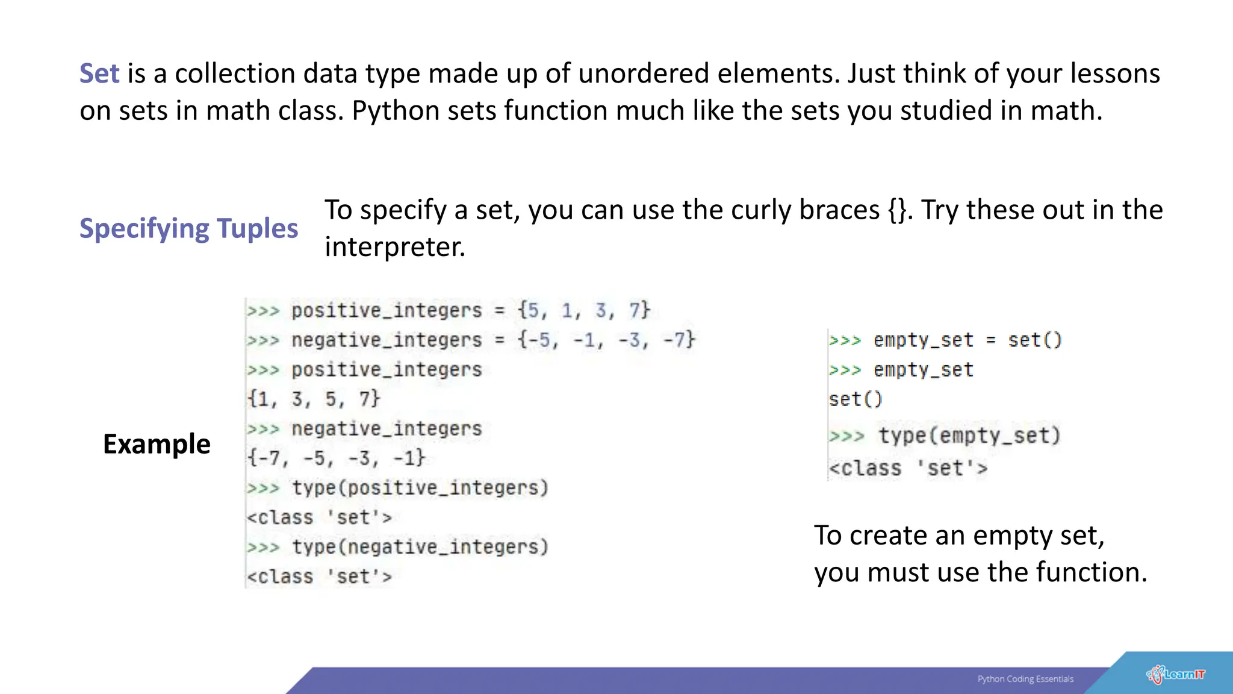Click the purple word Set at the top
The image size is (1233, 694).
click(x=99, y=73)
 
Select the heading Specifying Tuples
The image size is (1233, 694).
click(x=188, y=229)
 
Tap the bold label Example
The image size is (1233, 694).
click(x=157, y=445)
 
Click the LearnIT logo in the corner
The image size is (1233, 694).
click(x=1176, y=675)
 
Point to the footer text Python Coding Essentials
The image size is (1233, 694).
click(x=1025, y=679)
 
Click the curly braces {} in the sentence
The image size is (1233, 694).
click(x=897, y=210)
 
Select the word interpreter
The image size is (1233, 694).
click(x=394, y=247)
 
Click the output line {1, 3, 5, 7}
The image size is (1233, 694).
click(x=314, y=399)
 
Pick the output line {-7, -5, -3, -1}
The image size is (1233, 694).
click(x=337, y=458)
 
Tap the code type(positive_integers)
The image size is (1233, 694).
click(x=420, y=488)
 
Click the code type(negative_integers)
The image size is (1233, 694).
click(x=420, y=547)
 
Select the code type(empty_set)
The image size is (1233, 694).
click(x=969, y=436)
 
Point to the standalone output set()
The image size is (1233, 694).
click(x=856, y=399)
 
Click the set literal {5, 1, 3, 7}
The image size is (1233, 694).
click(x=584, y=311)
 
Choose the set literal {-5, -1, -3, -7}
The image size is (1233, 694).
click(x=606, y=340)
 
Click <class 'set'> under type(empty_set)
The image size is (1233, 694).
click(x=908, y=469)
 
